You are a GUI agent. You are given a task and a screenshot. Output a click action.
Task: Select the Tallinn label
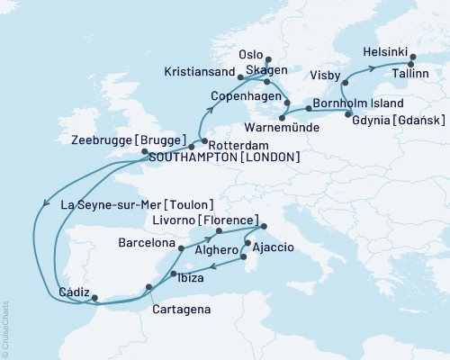(x=416, y=76)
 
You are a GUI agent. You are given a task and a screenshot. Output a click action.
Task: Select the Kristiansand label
(x=200, y=70)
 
